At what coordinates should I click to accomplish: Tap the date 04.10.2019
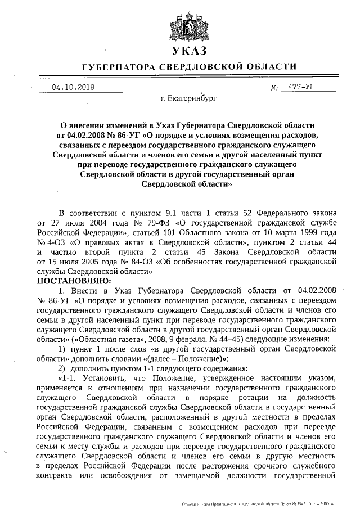(73, 87)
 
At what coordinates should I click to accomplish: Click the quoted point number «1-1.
(68, 378)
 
